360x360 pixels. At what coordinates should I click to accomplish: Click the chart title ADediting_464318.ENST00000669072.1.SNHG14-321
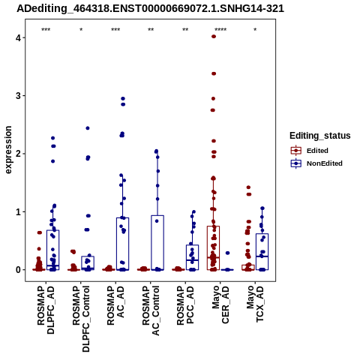(150, 8)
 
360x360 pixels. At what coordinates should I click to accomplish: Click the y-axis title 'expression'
(8, 150)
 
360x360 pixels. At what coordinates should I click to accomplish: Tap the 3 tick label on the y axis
(18, 96)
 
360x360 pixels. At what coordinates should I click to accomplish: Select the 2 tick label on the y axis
(18, 154)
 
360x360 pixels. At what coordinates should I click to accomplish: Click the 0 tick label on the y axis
(18, 270)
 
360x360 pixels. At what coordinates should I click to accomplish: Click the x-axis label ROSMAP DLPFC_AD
(46, 310)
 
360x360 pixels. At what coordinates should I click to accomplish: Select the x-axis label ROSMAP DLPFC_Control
(81, 319)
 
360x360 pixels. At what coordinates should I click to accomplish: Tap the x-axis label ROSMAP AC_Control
(151, 310)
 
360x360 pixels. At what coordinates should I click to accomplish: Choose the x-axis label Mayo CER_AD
(220, 304)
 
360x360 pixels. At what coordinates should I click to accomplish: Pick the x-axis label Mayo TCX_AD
(255, 304)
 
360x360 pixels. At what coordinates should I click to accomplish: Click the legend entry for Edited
(309, 151)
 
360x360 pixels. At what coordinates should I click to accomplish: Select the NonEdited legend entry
(316, 163)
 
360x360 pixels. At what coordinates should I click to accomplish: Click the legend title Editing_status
(320, 136)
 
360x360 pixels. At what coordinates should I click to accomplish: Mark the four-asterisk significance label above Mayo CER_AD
(220, 30)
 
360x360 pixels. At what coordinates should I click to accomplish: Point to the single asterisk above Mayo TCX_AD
(255, 29)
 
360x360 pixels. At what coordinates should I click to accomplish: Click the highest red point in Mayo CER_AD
(214, 37)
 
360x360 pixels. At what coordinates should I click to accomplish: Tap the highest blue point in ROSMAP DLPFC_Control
(88, 128)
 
